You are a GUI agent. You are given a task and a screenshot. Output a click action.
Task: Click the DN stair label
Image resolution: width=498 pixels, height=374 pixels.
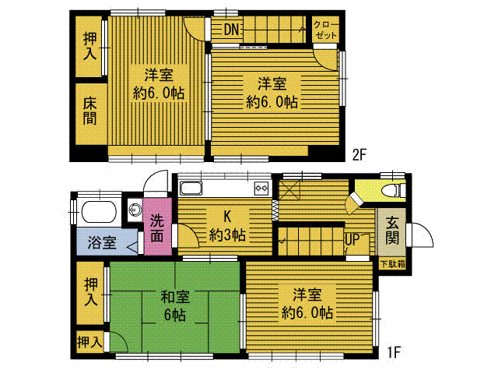231,30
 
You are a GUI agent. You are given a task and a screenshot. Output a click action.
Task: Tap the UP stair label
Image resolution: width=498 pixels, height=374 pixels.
352,239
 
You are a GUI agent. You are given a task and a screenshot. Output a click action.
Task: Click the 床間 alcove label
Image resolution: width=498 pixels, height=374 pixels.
90,111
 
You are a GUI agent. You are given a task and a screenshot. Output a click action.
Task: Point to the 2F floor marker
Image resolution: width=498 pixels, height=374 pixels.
359,155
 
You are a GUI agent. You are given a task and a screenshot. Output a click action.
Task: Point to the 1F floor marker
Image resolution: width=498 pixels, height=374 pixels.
394,352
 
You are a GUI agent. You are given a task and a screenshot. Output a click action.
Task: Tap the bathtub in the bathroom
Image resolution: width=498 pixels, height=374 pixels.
99,212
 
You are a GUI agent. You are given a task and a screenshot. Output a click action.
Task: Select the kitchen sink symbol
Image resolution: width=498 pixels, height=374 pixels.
191,189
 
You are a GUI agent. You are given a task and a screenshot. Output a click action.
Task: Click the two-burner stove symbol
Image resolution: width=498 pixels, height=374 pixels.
262,188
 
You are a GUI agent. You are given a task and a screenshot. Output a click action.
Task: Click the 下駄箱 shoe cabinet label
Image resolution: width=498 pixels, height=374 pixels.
393,264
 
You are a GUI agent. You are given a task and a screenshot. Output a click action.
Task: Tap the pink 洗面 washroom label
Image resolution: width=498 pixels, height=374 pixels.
157,228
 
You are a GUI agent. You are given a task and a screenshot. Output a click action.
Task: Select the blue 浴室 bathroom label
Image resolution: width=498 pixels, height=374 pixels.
102,243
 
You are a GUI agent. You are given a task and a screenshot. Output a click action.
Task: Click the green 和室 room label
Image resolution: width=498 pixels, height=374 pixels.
174,297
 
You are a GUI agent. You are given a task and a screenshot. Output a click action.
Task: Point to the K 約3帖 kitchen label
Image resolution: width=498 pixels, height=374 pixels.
227,226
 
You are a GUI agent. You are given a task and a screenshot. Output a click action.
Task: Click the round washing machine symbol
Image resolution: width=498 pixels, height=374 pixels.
135,210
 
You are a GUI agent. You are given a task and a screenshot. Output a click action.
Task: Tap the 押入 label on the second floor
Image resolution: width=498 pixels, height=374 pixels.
90,46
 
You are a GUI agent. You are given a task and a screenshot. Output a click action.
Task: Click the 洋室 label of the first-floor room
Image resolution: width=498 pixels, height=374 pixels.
307,295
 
